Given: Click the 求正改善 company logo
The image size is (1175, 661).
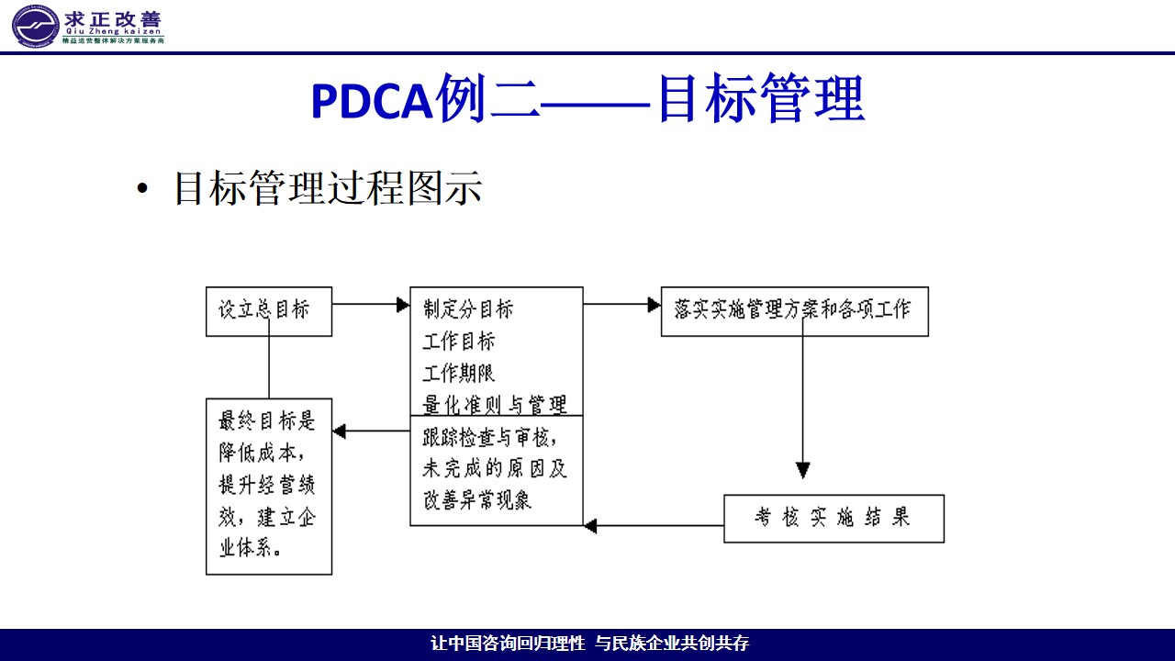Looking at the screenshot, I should pyautogui.click(x=88, y=26).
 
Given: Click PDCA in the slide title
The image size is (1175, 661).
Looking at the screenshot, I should pyautogui.click(x=371, y=101).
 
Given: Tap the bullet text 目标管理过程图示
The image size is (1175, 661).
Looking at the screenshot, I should pyautogui.click(x=328, y=188).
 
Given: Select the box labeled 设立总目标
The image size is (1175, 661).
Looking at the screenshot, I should pyautogui.click(x=269, y=310).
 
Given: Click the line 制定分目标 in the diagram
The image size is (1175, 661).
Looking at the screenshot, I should pyautogui.click(x=468, y=308).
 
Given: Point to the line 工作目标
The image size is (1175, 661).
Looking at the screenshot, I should pyautogui.click(x=459, y=342).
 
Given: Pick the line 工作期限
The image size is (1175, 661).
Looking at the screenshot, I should pyautogui.click(x=459, y=373).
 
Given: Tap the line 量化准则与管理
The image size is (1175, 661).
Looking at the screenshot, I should pyautogui.click(x=495, y=404).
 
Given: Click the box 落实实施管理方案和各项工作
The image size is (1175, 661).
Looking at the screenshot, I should pyautogui.click(x=794, y=310).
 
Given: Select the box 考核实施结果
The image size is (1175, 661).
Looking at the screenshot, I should pyautogui.click(x=834, y=518).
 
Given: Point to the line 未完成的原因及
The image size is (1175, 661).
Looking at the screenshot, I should pyautogui.click(x=495, y=468).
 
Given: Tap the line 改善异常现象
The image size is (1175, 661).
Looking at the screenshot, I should pyautogui.click(x=477, y=500).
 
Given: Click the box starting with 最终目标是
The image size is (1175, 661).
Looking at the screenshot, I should pyautogui.click(x=269, y=486).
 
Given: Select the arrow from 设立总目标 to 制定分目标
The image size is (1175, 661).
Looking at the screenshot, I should pyautogui.click(x=371, y=304).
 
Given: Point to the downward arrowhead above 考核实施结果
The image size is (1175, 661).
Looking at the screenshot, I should pyautogui.click(x=803, y=471).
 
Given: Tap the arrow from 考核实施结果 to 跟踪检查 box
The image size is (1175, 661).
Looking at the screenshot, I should pyautogui.click(x=654, y=526).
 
